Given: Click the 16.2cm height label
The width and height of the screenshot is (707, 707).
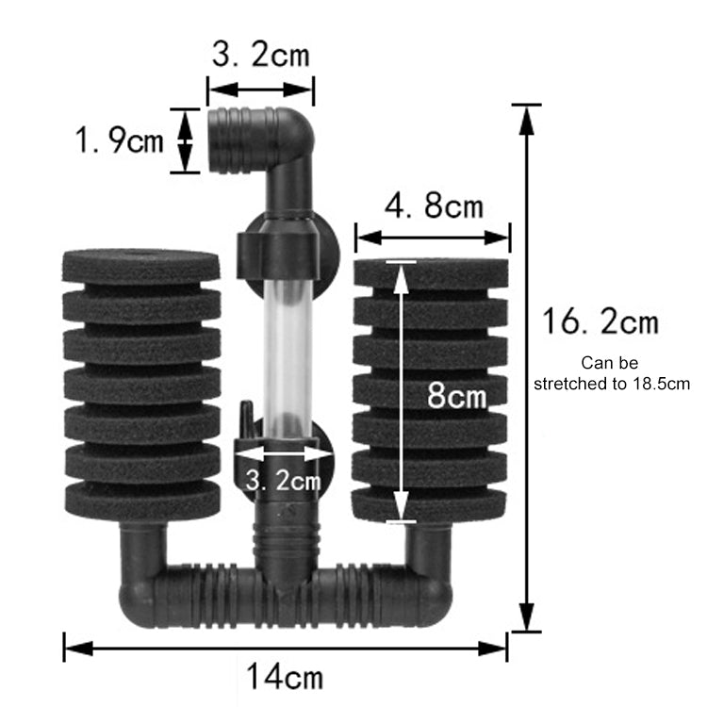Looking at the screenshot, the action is click(x=600, y=321).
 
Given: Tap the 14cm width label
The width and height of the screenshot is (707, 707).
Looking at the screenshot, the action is click(x=285, y=676).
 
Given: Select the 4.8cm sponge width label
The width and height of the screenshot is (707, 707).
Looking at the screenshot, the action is click(x=434, y=206).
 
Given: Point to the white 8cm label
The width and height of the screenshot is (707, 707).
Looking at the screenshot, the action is click(x=457, y=395).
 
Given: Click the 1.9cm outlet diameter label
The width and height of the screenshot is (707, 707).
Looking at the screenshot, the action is click(x=119, y=140).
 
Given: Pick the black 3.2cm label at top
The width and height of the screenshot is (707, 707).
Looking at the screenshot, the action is click(x=260, y=55).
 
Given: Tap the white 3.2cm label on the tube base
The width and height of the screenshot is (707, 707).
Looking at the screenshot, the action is click(x=283, y=480).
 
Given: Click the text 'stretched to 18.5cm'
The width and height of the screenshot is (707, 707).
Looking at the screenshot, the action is click(x=612, y=384).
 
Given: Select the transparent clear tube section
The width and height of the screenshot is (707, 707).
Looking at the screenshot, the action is click(x=288, y=358).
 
